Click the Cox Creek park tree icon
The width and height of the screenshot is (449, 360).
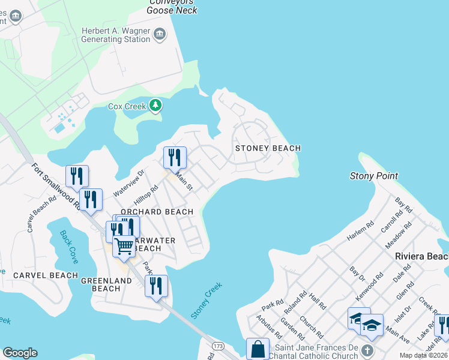point(156,106)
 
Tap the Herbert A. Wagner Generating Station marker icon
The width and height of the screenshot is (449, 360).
point(159,34)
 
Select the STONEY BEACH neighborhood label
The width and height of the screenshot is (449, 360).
point(268,148)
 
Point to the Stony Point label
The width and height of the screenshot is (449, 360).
point(374,176)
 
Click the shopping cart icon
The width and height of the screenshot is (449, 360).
point(124,245)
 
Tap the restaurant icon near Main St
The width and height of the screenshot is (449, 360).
point(175,157)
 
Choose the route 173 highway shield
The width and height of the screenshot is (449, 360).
point(218,347)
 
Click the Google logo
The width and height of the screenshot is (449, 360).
point(20,353)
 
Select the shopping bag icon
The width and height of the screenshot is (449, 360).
point(258,349)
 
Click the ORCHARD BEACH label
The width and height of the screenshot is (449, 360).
point(157,212)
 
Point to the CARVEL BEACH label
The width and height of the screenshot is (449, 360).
point(46,275)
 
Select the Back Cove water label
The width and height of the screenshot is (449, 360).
point(68,243)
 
